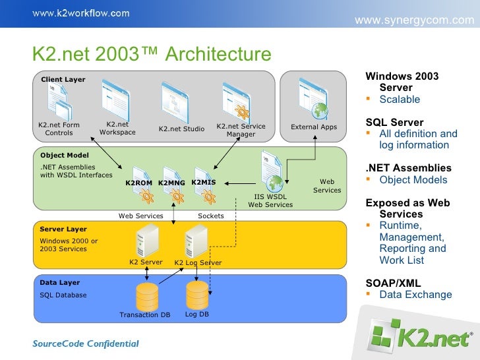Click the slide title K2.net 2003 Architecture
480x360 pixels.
[152, 55]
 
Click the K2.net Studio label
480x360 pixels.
[181, 129]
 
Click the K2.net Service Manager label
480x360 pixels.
[241, 131]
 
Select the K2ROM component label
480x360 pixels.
[138, 183]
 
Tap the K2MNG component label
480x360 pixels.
[171, 183]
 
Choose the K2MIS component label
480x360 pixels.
[204, 182]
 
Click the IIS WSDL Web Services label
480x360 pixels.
[270, 200]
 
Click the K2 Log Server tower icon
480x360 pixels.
[196, 240]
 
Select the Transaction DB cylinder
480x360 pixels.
[146, 297]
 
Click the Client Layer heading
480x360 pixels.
[63, 80]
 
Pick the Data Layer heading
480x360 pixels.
[60, 283]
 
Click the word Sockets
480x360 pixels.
[211, 216]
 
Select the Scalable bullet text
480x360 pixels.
[400, 100]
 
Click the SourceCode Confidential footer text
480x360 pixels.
[86, 343]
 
